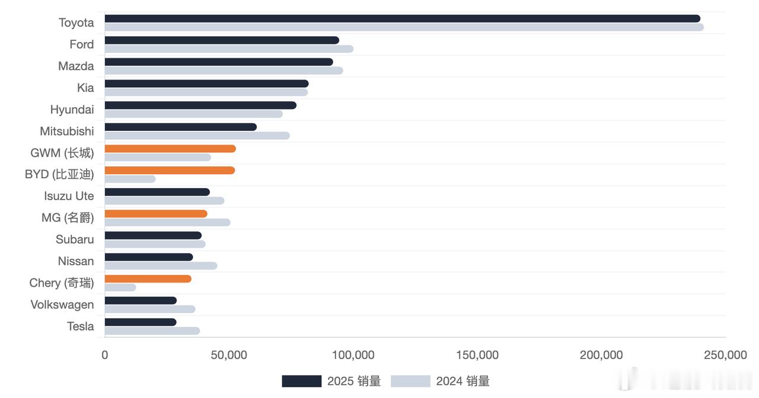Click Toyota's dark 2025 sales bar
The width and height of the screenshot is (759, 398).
point(402,18)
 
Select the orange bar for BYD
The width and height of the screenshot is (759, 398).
point(170,171)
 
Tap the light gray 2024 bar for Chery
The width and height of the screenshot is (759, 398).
point(120,287)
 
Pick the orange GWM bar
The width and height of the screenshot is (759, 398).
point(170,149)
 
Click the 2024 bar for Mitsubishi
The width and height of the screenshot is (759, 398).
point(197,136)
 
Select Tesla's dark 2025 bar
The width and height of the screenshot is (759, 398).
point(141,322)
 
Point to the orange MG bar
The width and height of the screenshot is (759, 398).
point(156,214)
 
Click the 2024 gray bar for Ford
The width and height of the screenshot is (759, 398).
point(229,49)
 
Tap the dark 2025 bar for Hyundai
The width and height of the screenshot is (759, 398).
point(200,105)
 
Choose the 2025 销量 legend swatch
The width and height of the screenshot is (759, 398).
point(301,381)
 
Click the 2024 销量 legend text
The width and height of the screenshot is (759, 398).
point(463,381)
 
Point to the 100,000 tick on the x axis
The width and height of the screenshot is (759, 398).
point(353,355)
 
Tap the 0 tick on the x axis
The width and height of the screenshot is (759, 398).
point(105,355)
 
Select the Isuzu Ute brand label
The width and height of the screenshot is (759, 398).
point(69,196)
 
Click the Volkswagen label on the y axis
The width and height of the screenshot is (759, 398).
point(62,304)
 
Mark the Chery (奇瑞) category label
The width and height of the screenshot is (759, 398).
point(62,283)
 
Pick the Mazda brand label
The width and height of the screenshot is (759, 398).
point(76,66)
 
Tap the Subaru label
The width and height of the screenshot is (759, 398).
point(75,239)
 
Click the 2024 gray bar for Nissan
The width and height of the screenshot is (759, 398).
point(161,265)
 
